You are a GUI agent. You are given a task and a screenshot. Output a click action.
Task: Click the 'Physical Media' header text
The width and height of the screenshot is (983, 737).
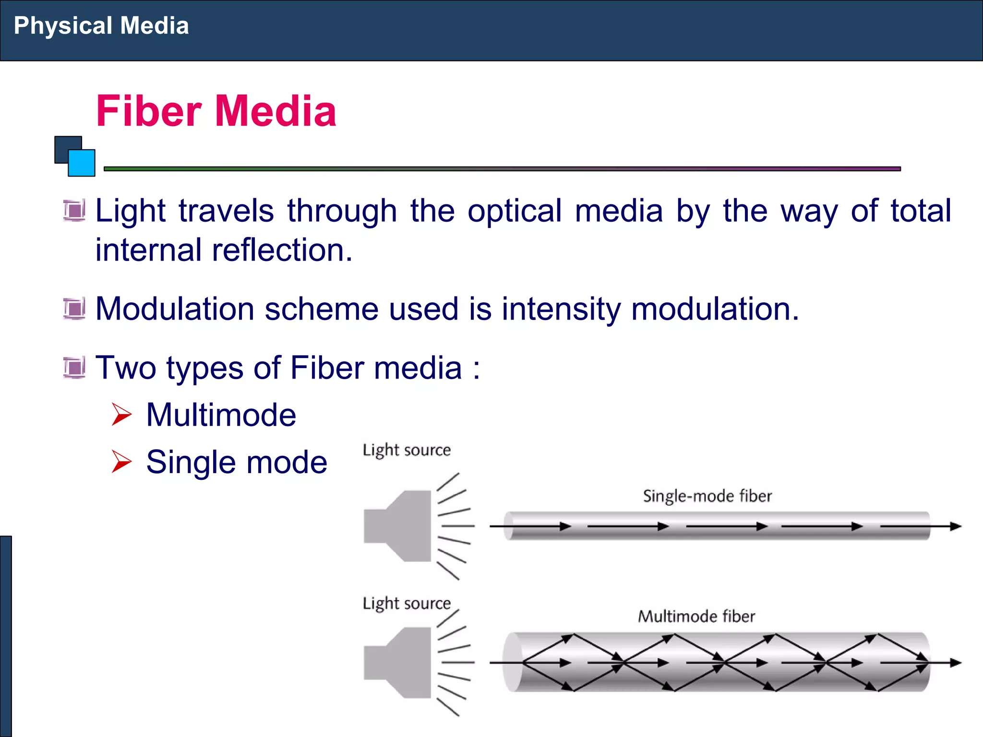pos(101,26)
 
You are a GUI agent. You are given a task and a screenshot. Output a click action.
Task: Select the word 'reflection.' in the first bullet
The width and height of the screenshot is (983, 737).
pos(282,250)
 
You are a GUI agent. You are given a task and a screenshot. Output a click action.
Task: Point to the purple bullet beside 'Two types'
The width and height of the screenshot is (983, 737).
pos(74,368)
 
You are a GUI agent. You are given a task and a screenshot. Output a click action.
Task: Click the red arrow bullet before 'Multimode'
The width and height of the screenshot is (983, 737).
pos(121,415)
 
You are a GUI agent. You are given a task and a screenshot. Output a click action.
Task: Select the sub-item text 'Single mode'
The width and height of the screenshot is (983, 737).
pos(237,463)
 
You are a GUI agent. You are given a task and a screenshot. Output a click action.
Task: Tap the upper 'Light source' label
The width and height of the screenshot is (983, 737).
pos(407,450)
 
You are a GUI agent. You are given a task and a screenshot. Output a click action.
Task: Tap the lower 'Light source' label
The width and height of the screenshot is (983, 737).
pos(407,603)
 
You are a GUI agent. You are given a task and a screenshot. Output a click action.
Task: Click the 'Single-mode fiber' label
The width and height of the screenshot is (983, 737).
pos(707,496)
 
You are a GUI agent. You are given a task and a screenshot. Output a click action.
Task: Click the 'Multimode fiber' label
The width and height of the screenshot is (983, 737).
pos(696,617)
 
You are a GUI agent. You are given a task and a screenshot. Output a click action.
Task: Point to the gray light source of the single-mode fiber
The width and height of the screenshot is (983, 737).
pos(398,526)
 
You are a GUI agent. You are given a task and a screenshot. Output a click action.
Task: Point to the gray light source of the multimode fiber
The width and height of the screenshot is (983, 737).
pos(398,663)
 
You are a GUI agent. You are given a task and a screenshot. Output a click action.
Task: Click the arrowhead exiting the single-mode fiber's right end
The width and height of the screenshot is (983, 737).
pos(956,526)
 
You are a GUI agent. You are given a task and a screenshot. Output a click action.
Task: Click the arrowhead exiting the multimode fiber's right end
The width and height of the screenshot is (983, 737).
pos(956,663)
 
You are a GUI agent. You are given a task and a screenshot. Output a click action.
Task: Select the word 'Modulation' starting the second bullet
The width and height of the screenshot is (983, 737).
pos(175,309)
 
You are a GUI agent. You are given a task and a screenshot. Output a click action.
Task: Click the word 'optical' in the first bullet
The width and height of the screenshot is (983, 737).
pos(514,211)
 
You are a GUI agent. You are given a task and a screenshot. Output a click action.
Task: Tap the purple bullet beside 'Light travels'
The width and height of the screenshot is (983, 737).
pos(74,211)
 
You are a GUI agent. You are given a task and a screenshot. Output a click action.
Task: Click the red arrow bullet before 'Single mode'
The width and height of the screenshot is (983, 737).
pos(121,462)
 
